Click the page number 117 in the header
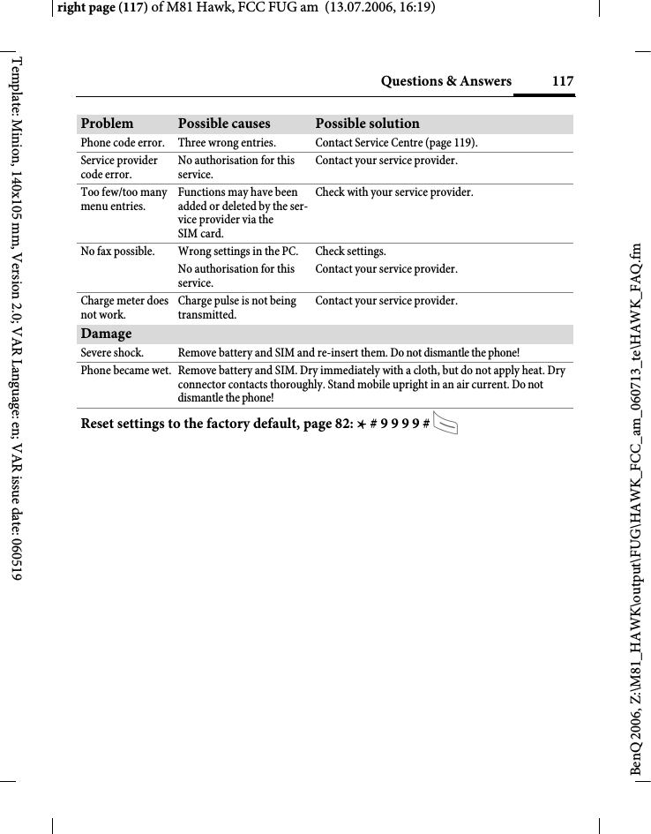coord(562,81)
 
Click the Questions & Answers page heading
coord(445,81)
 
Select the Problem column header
coord(108,124)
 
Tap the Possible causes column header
coord(224,124)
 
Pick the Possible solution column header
coord(367,124)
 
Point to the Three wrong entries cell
coord(227,143)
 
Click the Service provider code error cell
coord(119,168)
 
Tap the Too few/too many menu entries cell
coord(123,199)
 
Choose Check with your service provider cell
coord(393,192)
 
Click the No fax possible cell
coord(117,252)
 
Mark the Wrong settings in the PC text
coord(237,252)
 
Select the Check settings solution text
coord(350,252)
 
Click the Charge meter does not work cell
coord(124,308)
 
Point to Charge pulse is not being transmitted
coord(236,308)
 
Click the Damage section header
coord(106,334)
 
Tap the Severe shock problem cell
coord(111,354)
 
